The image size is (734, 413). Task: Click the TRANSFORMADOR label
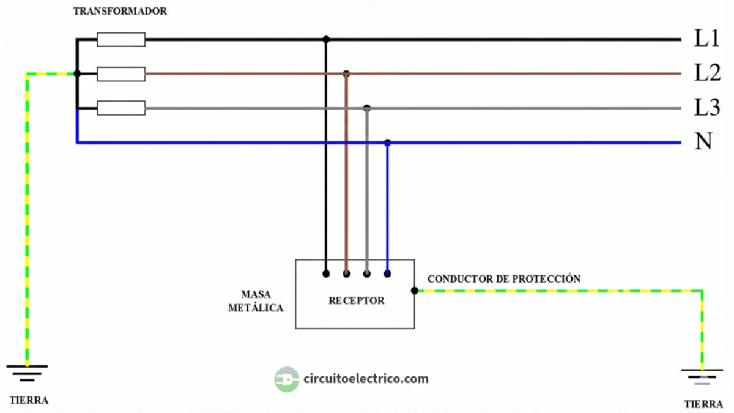[x=120, y=12]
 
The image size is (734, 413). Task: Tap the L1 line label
[x=706, y=39]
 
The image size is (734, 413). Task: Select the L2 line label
[x=707, y=73]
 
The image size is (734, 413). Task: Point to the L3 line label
[x=707, y=108]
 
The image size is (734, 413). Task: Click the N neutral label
[x=703, y=142]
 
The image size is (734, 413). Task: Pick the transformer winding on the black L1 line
[x=121, y=40]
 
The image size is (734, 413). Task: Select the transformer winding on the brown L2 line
[x=121, y=74]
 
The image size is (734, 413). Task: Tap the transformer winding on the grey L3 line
[x=121, y=109]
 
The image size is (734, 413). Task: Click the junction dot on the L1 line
[x=326, y=39]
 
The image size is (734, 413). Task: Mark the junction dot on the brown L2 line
[x=346, y=73]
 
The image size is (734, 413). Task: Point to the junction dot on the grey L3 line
[x=367, y=108]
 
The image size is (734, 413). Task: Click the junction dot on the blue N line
[x=387, y=143]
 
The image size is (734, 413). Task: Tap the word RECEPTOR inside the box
[x=357, y=300]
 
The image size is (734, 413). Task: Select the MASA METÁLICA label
[x=256, y=302]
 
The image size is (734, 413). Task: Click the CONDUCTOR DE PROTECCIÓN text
[x=503, y=279]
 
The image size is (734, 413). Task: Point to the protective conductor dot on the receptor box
[x=415, y=291]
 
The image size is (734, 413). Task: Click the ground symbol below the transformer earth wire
[x=27, y=371]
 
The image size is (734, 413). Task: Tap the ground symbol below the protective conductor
[x=702, y=375]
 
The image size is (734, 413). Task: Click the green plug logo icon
[x=286, y=379]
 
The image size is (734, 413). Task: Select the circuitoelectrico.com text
[x=366, y=379]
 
